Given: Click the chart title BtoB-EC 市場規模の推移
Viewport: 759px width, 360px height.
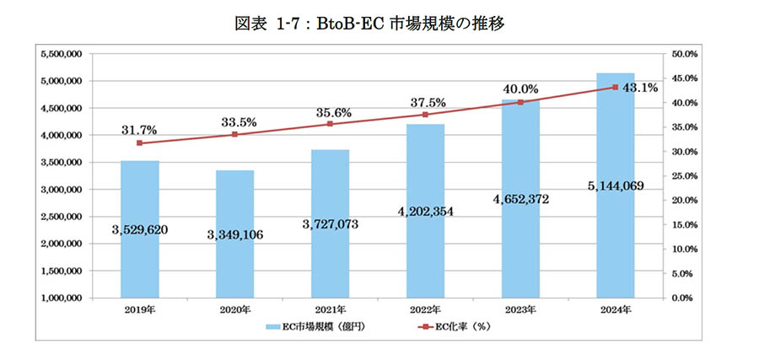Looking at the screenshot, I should click(x=379, y=24).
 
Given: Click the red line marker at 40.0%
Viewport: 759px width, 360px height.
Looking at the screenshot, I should click(x=520, y=103).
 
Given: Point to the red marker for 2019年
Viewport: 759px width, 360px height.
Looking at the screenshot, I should click(x=139, y=143).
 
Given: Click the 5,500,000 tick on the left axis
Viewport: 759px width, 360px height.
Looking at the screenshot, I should click(x=61, y=54).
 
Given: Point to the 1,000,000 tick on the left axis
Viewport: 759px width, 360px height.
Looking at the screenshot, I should click(x=61, y=298).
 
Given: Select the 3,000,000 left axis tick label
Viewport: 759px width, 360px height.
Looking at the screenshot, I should click(x=61, y=190).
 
